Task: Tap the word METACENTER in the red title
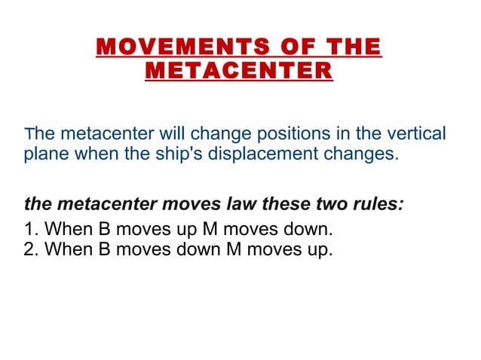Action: [x=238, y=72]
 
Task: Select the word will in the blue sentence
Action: [x=170, y=135]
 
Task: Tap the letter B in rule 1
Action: [x=106, y=229]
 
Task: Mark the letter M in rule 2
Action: [x=234, y=249]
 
